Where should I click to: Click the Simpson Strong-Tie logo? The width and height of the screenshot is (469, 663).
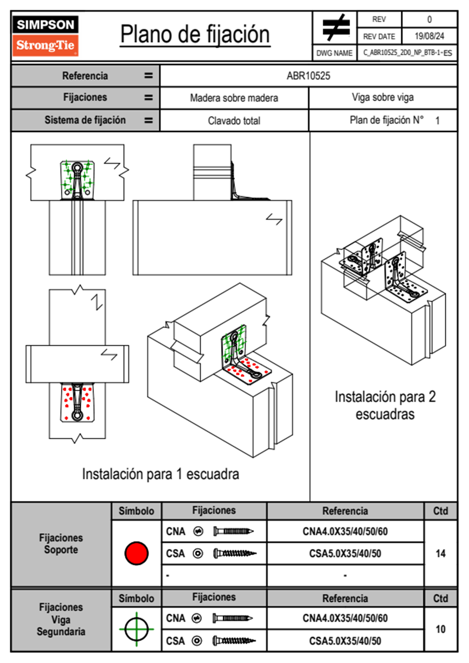[45, 36]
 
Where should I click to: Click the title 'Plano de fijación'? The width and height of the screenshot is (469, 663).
[195, 34]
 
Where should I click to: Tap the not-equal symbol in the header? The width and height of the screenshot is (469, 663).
[335, 28]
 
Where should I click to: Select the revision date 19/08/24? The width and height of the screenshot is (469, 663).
[429, 36]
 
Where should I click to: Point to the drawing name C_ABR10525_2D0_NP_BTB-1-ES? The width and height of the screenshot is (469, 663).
[408, 53]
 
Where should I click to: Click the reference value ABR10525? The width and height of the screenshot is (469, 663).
[308, 76]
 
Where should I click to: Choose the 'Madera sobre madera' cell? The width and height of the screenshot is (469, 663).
[234, 98]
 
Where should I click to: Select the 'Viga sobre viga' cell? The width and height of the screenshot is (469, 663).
[383, 97]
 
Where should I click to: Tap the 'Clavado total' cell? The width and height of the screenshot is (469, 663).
[234, 121]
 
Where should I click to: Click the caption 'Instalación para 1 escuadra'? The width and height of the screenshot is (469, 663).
[160, 474]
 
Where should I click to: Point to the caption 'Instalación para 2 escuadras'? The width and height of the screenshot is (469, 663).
[385, 405]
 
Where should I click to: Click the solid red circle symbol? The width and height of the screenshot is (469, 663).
[136, 553]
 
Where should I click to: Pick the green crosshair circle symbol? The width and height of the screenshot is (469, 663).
[136, 629]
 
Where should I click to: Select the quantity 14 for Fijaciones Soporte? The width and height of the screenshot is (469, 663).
[440, 553]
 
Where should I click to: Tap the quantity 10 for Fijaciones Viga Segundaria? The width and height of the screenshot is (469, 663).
[440, 629]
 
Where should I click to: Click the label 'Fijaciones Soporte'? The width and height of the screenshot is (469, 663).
[61, 544]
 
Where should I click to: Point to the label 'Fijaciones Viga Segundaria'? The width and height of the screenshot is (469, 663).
[61, 619]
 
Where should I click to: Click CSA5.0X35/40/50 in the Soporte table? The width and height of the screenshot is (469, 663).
[345, 553]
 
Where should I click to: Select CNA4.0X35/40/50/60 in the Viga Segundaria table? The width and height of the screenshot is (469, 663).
[345, 618]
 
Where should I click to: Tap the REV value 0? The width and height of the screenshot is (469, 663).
[429, 19]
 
